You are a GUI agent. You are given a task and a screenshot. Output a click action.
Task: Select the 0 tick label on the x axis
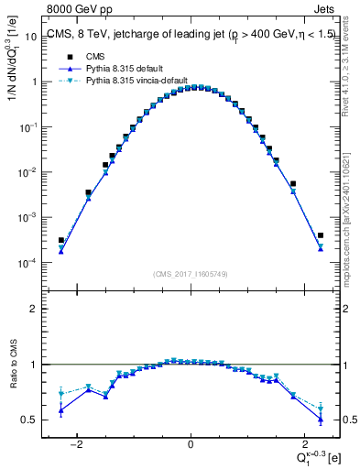(x=191, y=444)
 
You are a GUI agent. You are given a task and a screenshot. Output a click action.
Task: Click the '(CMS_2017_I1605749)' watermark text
(x=191, y=273)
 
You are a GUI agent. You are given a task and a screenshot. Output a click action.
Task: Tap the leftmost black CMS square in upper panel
(x=60, y=240)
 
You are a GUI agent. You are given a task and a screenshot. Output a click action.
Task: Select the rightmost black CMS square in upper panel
(x=321, y=235)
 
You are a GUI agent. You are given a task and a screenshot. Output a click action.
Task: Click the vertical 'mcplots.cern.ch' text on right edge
(x=350, y=211)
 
